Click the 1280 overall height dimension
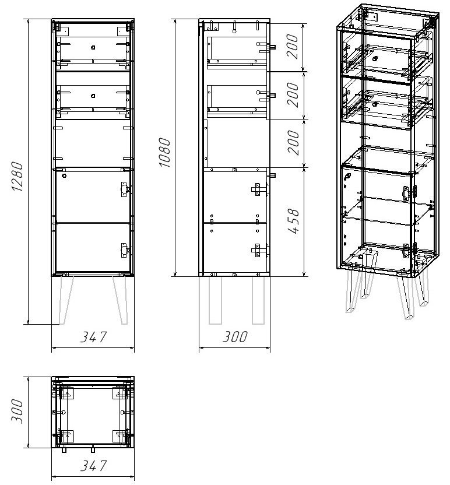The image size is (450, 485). pyautogui.click(x=17, y=177)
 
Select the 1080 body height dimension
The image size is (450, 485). pyautogui.click(x=165, y=153)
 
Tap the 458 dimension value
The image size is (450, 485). pyautogui.click(x=294, y=221)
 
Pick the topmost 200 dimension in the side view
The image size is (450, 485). pyautogui.click(x=292, y=47)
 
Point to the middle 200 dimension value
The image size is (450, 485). pyautogui.click(x=293, y=95)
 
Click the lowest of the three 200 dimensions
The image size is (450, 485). pyautogui.click(x=294, y=143)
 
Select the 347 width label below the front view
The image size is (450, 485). pyautogui.click(x=94, y=337)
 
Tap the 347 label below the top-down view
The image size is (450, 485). pyautogui.click(x=94, y=466)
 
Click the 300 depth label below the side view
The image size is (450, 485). pyautogui.click(x=235, y=337)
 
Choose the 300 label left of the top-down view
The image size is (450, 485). pyautogui.click(x=17, y=412)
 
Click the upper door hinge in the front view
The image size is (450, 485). pyautogui.click(x=125, y=189)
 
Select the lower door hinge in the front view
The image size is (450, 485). pyautogui.click(x=125, y=251)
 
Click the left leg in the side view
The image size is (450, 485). pyautogui.click(x=215, y=300)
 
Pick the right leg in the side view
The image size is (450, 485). pyautogui.click(x=258, y=300)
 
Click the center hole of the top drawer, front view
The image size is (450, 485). pyautogui.click(x=93, y=48)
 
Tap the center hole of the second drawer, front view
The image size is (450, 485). pyautogui.click(x=93, y=96)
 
